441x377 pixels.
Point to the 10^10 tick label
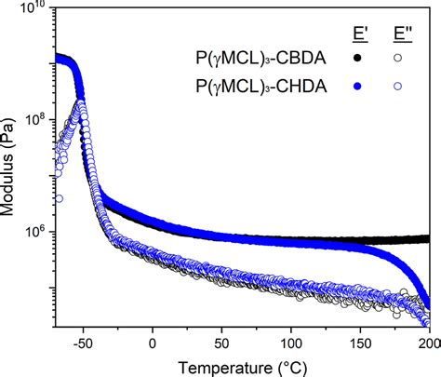[x=33, y=10]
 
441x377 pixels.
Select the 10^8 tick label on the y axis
[x=33, y=120]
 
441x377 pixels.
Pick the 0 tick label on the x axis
[x=154, y=341]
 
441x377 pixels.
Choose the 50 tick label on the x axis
[x=222, y=341]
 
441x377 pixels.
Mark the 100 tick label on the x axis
[x=292, y=341]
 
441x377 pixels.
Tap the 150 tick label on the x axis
[x=361, y=341]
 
